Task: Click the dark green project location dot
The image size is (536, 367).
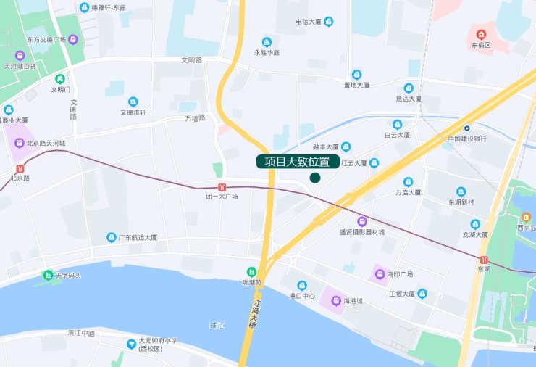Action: point(315,178)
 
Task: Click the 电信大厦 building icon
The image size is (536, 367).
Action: point(329,22)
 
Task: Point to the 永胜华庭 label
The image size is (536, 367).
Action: point(267,53)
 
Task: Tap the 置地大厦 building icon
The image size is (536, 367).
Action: point(356,75)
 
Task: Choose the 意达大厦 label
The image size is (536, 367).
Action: point(409,99)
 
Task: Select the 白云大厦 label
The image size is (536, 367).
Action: point(397,135)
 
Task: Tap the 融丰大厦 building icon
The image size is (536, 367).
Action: point(346,146)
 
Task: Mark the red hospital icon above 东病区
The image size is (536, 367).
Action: point(481,34)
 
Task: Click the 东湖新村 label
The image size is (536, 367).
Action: point(461,202)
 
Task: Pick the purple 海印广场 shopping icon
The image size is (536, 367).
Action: point(378,274)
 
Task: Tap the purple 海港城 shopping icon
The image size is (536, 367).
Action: point(335,300)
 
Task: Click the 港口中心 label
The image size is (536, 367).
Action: point(302,296)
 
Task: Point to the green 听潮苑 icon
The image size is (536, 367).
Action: point(251,271)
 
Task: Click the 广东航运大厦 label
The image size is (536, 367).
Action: point(138,237)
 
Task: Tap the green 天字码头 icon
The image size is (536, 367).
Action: point(46,276)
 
